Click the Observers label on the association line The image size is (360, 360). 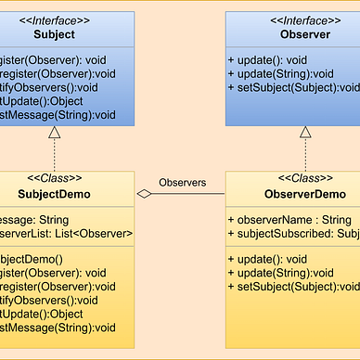point(184,182)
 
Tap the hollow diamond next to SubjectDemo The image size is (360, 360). point(144,194)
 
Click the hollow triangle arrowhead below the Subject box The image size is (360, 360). point(55,133)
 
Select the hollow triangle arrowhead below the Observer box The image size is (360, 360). point(304,133)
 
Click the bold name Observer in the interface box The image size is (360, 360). point(304,34)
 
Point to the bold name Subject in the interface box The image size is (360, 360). point(55,34)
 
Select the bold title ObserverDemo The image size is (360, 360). point(304,194)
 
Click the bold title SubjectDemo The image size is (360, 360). point(55,194)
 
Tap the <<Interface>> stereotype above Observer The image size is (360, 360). point(304,19)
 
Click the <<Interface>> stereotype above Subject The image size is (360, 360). point(55,19)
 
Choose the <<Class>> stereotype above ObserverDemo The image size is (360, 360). point(304,177)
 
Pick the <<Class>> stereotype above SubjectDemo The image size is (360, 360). point(55,177)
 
